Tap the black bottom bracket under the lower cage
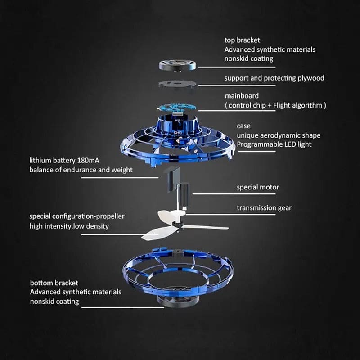179,301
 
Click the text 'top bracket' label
242,40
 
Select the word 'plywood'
310,78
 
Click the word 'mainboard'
242,96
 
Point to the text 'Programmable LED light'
274,144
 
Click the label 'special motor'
258,187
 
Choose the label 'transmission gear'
264,207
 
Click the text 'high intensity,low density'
69,226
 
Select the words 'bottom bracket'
54,283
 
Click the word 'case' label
243,126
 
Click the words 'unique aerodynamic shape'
279,135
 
